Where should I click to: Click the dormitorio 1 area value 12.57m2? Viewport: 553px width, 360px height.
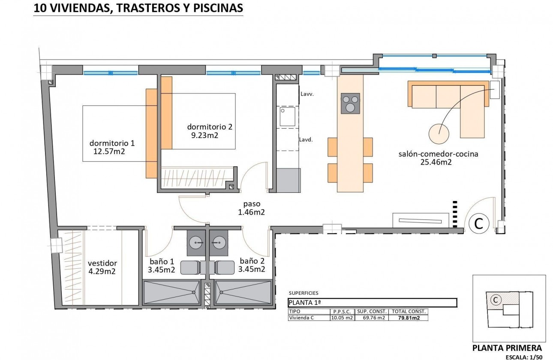(x=108, y=151)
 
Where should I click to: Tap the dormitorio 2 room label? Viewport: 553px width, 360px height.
(x=210, y=127)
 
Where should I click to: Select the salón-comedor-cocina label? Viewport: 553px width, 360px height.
(x=438, y=154)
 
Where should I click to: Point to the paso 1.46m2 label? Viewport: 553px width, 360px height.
(x=251, y=208)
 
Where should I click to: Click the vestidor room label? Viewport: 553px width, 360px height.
(x=102, y=263)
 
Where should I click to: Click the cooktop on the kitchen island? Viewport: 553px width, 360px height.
(x=350, y=103)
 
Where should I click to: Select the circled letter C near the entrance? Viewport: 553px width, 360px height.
(x=479, y=223)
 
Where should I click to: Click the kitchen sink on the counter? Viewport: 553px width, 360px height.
(x=288, y=117)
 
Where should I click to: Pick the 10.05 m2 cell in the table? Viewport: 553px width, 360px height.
(x=342, y=318)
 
